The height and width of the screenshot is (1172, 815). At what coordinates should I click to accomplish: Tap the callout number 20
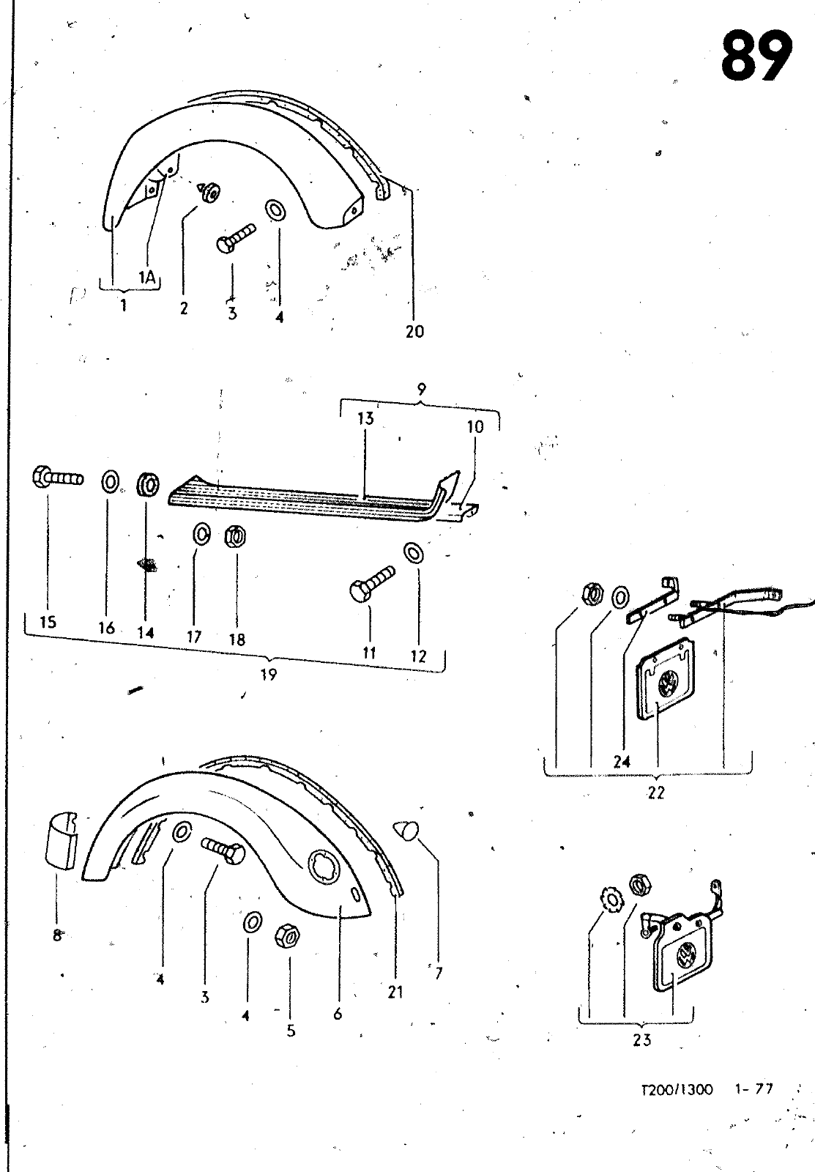click(415, 331)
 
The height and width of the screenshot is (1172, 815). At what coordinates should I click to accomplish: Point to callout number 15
click(48, 622)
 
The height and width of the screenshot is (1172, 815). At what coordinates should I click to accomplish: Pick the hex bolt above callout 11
click(372, 584)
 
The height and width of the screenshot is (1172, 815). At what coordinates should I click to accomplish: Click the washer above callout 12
click(413, 552)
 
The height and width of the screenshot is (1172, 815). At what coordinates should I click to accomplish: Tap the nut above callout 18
click(235, 536)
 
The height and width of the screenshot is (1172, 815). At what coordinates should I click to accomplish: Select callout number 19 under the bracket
click(268, 675)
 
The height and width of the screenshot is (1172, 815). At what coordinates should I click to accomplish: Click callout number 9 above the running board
click(422, 389)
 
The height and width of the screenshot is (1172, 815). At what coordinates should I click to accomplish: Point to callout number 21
click(395, 992)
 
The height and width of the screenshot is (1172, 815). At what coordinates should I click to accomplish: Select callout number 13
click(365, 418)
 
